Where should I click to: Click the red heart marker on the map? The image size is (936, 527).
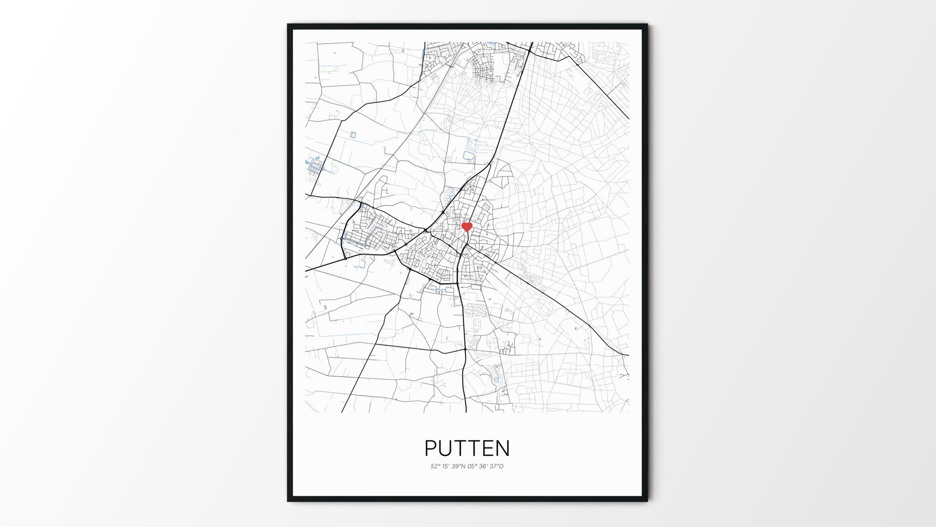pos(467,227)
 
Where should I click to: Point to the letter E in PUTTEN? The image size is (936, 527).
pos(487,448)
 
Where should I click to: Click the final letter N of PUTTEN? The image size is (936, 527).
pos(503,448)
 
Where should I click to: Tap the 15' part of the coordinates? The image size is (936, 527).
pos(446,466)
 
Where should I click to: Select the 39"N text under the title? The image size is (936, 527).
pos(459,466)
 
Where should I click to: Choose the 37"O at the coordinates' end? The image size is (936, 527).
pos(497,466)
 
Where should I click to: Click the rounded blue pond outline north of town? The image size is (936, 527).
pos(468,156)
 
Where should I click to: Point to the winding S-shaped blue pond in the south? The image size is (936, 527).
pos(497,373)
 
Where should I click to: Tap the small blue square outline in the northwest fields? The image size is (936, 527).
pos(353,134)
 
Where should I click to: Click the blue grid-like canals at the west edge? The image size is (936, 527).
pos(315,167)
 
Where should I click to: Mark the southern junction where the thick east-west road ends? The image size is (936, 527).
pos(466,349)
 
